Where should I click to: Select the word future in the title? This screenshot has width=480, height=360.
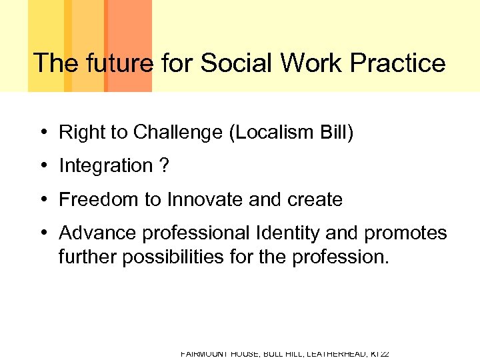pos(118,63)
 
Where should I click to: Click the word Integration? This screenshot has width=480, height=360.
pos(106,166)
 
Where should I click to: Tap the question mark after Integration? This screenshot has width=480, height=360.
pos(164,166)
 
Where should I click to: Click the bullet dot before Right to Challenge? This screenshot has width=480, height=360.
pos(42,133)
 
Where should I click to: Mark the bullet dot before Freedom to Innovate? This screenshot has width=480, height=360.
pos(42,199)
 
